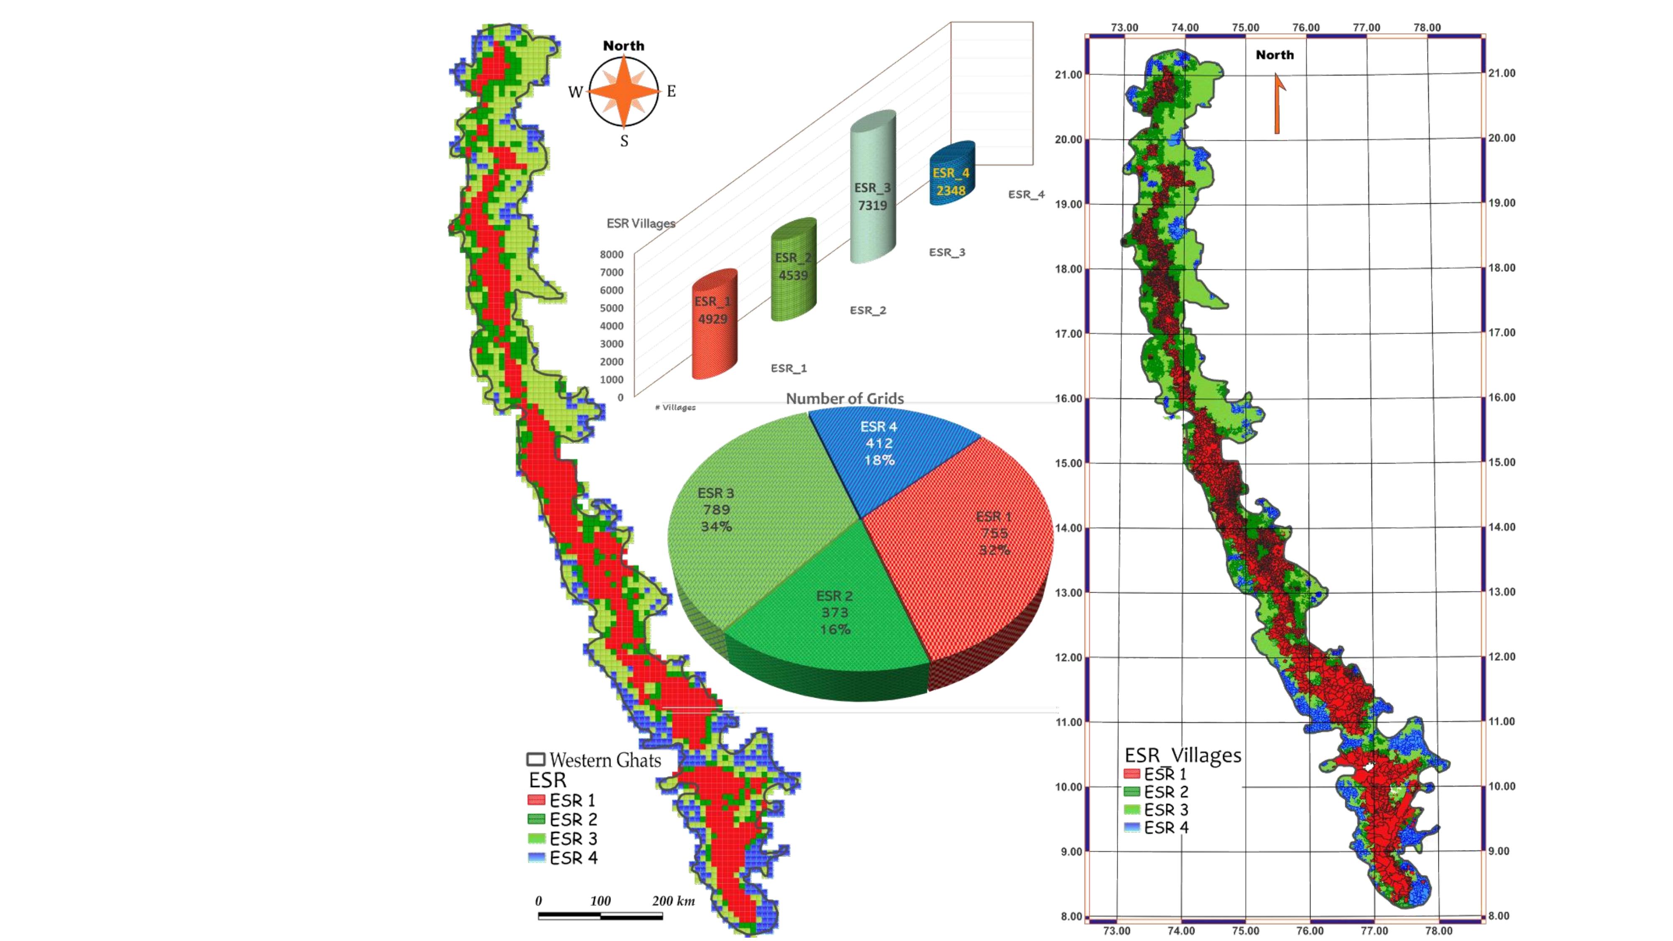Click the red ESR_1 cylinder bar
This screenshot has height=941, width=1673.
click(715, 325)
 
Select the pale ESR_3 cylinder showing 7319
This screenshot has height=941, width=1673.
click(873, 188)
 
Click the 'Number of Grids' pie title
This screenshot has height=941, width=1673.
click(844, 398)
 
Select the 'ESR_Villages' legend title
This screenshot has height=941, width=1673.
click(1183, 755)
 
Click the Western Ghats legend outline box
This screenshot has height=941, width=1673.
click(535, 759)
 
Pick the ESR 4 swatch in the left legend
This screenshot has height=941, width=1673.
click(536, 857)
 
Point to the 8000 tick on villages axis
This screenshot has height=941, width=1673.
click(611, 255)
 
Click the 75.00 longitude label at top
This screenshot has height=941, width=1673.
click(1245, 27)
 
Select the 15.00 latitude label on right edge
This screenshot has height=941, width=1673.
click(1502, 463)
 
